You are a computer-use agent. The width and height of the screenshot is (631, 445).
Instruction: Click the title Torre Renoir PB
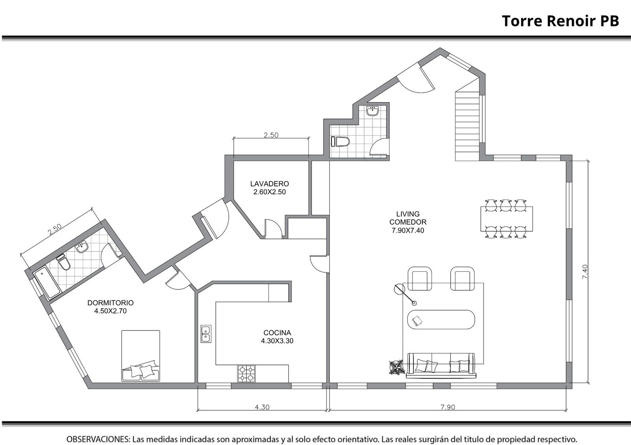[x=560, y=21]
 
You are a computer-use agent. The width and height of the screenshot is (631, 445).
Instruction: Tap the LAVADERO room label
[x=270, y=184]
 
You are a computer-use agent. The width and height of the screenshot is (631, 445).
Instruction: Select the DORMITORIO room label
[x=110, y=303]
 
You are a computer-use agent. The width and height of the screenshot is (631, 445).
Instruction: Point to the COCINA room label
[x=277, y=333]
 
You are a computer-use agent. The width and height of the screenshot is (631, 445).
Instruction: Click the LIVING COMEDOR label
[x=408, y=218]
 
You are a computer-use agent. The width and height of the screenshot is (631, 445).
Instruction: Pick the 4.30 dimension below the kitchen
[x=262, y=407]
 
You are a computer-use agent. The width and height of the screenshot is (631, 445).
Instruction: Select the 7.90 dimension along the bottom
[x=448, y=407]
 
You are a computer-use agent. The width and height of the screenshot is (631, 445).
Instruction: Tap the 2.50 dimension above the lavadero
[x=271, y=135]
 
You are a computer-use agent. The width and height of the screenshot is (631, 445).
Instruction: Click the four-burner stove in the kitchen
[x=246, y=374]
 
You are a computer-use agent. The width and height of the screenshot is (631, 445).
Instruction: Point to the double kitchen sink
[x=206, y=334]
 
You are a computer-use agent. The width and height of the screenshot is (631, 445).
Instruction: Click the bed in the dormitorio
[x=140, y=356]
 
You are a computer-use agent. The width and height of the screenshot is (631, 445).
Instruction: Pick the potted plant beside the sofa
[x=397, y=367]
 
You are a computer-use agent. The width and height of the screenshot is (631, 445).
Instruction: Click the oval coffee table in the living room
[x=441, y=319]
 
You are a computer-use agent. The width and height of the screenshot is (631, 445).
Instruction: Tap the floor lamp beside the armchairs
[x=405, y=295]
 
